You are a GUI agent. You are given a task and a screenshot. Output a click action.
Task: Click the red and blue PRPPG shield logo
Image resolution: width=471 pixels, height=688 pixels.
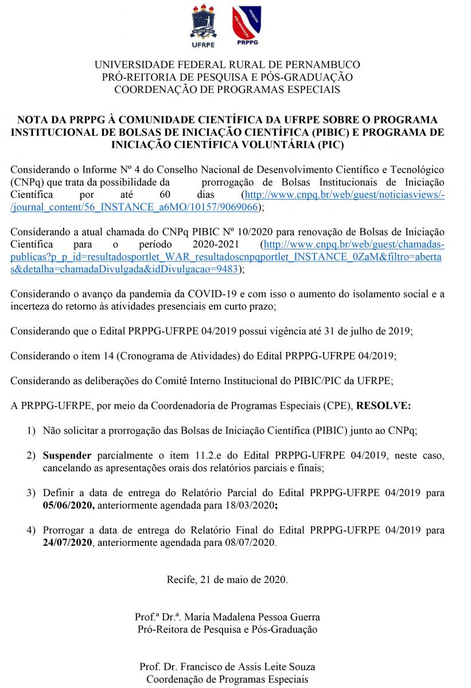tap(247, 23)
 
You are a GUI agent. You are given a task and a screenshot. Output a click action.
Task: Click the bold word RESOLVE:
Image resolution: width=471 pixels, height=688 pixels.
tap(384, 405)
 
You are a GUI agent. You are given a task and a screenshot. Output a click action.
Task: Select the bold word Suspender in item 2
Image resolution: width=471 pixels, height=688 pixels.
tap(67, 456)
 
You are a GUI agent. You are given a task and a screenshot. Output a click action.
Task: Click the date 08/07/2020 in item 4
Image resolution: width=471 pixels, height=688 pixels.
tap(247, 542)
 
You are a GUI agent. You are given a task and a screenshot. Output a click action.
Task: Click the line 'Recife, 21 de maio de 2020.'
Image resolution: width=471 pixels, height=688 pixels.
tap(227, 579)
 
